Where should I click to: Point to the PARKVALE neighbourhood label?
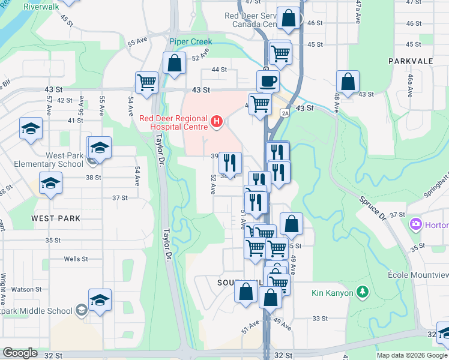point(411,61)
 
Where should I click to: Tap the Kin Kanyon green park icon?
point(362,293)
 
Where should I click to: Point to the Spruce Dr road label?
point(375,206)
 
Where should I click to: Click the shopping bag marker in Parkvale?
point(348,81)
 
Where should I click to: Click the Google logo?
point(20,352)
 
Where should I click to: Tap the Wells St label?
point(76,259)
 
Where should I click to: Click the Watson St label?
point(25,289)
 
